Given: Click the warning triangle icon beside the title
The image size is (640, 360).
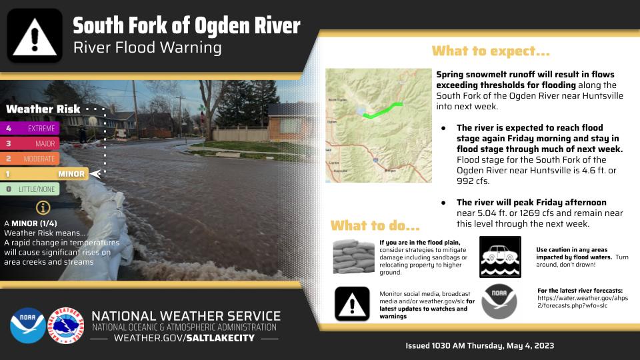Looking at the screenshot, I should click(35, 36).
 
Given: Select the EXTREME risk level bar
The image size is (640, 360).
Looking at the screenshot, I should click(31, 128).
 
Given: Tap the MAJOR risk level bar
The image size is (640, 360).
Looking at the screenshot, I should click(31, 143).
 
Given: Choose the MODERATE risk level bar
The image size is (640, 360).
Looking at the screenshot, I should click(31, 159).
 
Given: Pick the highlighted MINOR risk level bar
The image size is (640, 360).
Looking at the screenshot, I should click(45, 174).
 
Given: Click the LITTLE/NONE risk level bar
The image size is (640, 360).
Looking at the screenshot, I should click(31, 189).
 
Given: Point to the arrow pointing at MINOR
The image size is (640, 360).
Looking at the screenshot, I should click(95, 174).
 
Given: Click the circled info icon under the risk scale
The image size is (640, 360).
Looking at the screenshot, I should click(44, 207).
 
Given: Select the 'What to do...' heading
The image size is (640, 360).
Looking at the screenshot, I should click(375, 225).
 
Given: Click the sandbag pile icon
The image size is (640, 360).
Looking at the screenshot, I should click(353, 257).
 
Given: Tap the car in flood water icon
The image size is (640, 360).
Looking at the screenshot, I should click(500, 257).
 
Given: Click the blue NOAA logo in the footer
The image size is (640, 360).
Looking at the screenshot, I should click(27, 326).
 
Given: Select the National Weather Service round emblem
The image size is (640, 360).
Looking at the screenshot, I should click(68, 326).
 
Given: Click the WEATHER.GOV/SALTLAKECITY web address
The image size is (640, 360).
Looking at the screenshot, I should click(185, 339).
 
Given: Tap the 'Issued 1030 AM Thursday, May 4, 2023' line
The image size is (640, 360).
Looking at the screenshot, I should click(480, 346).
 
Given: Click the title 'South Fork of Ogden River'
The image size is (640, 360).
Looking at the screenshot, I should click(187, 27).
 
